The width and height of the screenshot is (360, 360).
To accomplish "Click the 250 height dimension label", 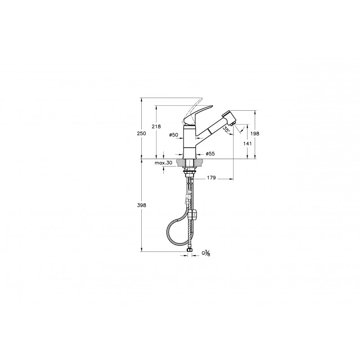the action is tap(141, 133).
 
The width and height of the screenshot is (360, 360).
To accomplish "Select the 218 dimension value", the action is tap(156, 126).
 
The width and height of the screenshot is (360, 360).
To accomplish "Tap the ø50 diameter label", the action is tap(174, 135).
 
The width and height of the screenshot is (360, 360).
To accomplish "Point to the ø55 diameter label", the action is tap(210, 154).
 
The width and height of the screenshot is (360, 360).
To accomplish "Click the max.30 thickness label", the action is tap(163, 163).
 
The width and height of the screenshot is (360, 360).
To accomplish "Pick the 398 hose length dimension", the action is tap(141, 206).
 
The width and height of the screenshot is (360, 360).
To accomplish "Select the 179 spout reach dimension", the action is tap(211, 177).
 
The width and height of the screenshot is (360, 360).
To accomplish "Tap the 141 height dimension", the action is tap(247, 144).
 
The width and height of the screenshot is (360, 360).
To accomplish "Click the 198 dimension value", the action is tap(255, 133).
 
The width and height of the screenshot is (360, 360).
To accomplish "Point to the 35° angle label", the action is tap(226, 129).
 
